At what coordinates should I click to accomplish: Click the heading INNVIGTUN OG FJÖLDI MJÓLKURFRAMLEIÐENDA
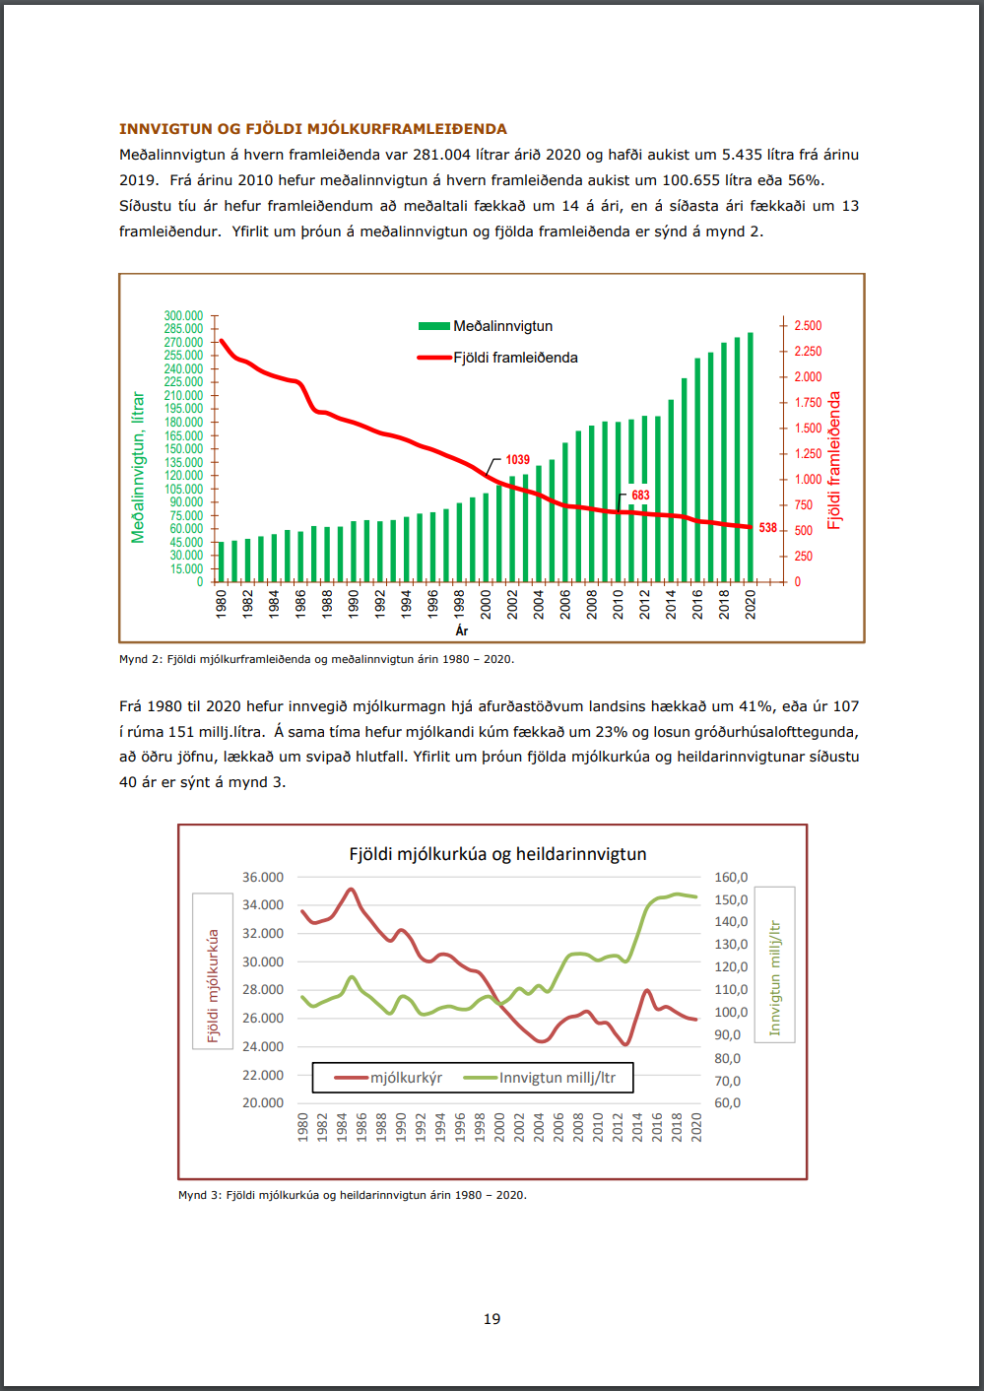(313, 129)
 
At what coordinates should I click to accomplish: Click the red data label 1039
(517, 460)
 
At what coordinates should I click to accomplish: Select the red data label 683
(640, 496)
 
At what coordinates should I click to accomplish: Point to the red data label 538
(768, 528)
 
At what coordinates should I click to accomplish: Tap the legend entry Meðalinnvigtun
(502, 326)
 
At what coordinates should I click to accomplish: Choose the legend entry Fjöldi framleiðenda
(515, 358)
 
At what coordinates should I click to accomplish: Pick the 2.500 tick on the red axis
(808, 326)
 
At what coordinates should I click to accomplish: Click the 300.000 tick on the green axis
(183, 316)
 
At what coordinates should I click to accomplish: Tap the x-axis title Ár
(462, 630)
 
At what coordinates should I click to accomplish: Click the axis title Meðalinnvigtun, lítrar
(138, 468)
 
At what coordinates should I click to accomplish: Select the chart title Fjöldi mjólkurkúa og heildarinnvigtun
(497, 854)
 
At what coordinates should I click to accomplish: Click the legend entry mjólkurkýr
(406, 1078)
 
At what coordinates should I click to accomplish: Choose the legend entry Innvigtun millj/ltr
(557, 1078)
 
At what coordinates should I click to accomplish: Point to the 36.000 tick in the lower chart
(263, 877)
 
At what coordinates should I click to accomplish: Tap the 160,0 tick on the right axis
(731, 877)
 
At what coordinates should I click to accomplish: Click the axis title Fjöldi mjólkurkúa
(213, 985)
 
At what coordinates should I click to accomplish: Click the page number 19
(492, 1319)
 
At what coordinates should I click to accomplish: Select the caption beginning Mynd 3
(352, 1195)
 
